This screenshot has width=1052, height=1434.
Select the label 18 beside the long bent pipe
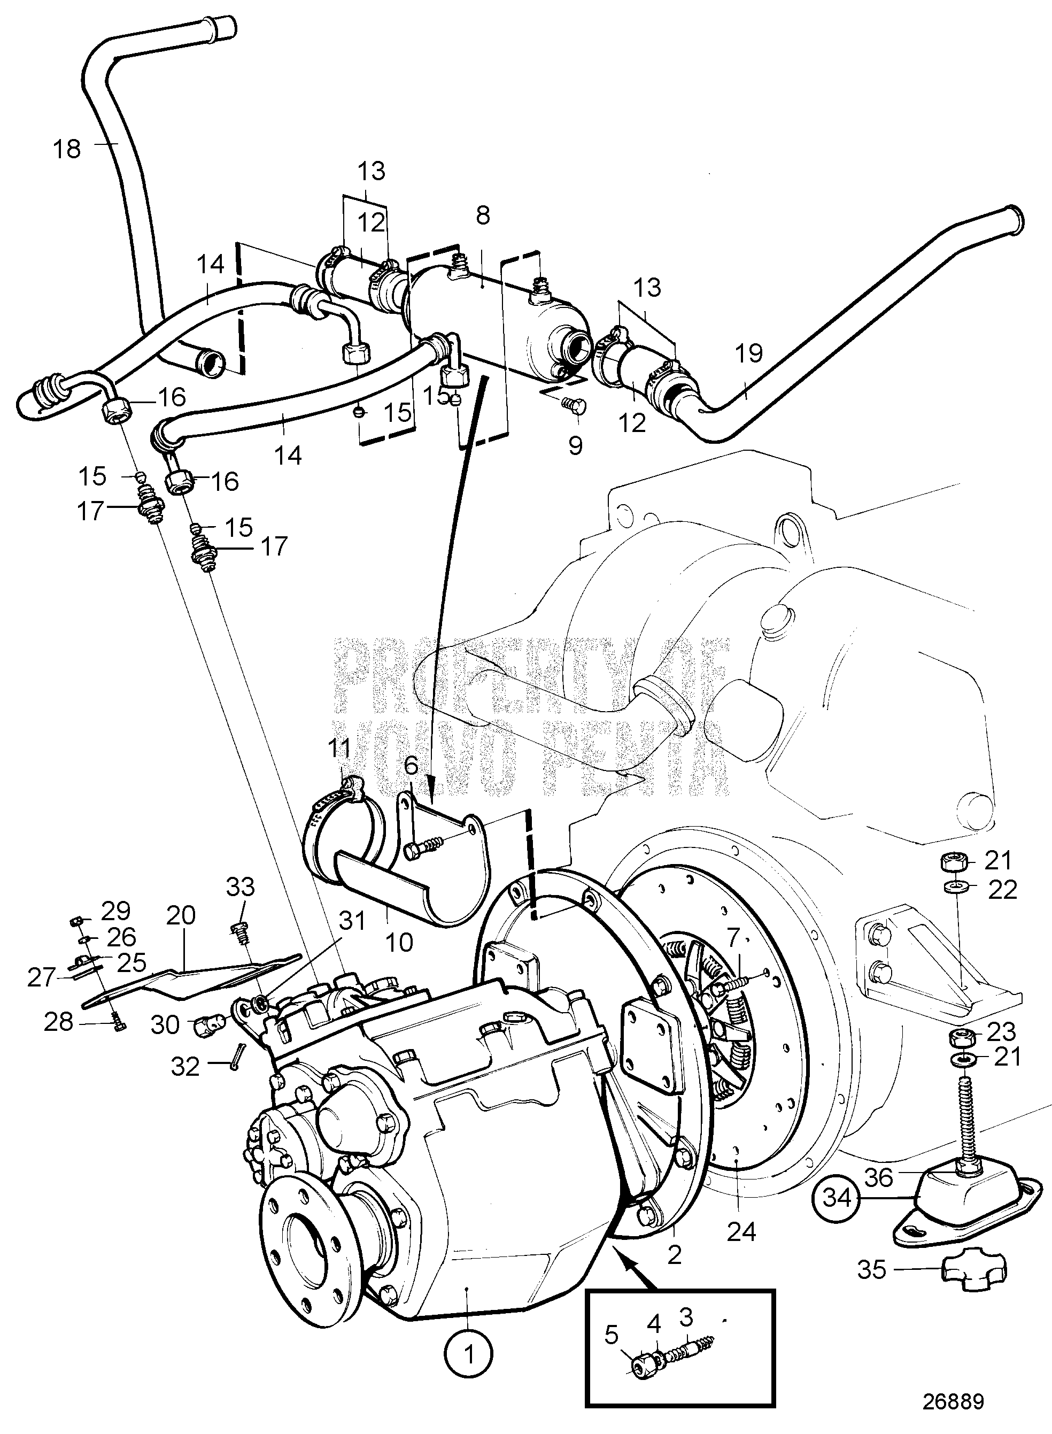click(67, 150)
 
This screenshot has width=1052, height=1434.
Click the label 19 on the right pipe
click(749, 353)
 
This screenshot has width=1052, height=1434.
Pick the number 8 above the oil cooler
click(483, 216)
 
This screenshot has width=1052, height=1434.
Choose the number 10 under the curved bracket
click(399, 943)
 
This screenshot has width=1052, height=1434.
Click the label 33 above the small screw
click(241, 886)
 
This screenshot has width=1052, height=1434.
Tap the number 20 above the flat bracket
click(181, 915)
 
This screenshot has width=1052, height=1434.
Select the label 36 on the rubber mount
click(879, 1178)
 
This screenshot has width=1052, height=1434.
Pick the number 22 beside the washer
click(1002, 890)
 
